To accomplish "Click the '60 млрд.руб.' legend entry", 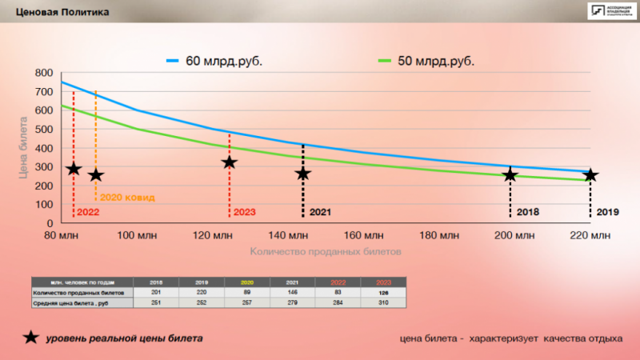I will click(216, 61).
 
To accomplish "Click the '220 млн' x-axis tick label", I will click(590, 235).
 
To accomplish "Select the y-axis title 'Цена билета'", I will click(23, 148).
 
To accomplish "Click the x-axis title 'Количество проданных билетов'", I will click(325, 251).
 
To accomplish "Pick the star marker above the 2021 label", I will click(302, 174).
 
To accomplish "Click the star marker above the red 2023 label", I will click(230, 162).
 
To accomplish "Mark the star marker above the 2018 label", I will click(510, 174).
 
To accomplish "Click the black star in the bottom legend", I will click(31, 337).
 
